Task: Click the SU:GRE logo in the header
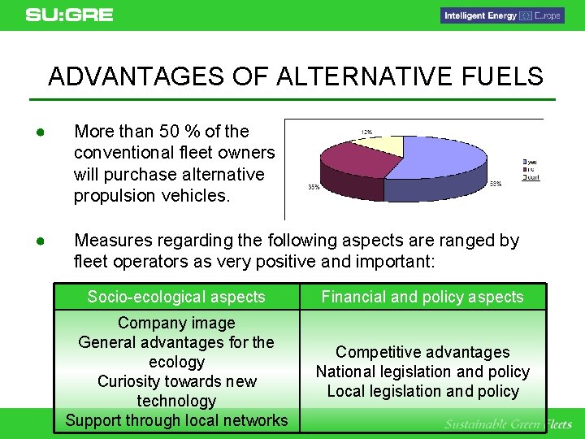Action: (x=69, y=15)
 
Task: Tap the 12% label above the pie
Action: (x=366, y=132)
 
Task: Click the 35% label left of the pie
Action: (x=313, y=186)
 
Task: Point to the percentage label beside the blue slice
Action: (x=496, y=184)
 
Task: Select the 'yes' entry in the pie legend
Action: (x=531, y=163)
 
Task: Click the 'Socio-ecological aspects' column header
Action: (x=176, y=297)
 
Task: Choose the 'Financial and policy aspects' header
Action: (x=422, y=297)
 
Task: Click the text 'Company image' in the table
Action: (x=176, y=323)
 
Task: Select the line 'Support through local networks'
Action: (x=176, y=420)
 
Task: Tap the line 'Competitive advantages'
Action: (x=422, y=352)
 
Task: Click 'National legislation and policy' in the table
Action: (x=422, y=372)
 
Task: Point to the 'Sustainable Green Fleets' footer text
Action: (x=508, y=424)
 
